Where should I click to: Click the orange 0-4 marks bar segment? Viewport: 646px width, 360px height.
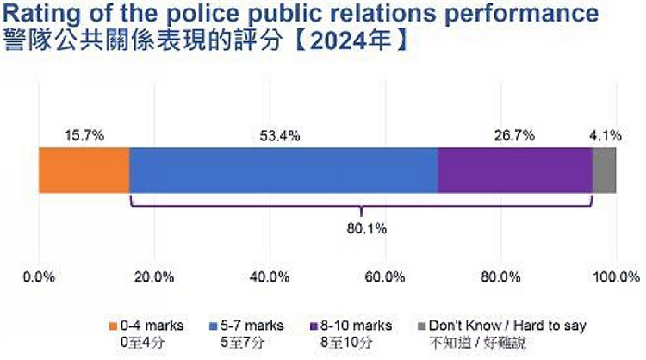[84, 170]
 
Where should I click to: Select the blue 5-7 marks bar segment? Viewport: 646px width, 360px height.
[283, 170]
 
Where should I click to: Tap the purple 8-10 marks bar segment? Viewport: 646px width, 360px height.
[514, 170]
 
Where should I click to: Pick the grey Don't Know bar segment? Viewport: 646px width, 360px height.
[604, 170]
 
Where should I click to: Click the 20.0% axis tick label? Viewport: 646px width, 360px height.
[155, 277]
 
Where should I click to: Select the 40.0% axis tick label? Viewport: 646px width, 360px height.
[270, 277]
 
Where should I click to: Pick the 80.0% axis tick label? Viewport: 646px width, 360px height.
[500, 277]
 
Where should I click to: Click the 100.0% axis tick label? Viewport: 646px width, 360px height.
[616, 277]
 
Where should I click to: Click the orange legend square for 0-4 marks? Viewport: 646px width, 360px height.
[111, 326]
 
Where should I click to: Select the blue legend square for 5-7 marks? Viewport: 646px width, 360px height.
[214, 326]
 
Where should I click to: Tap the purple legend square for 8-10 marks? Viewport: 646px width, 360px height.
[313, 326]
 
